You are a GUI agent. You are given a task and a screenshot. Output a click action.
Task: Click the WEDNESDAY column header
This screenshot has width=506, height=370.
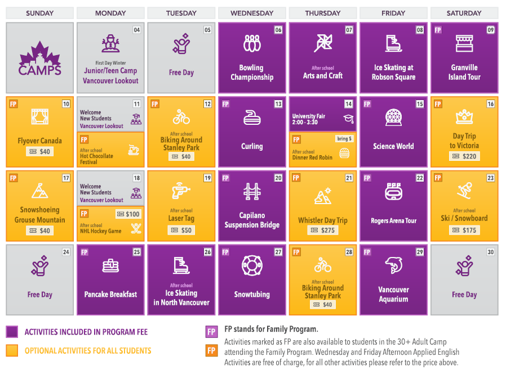252,13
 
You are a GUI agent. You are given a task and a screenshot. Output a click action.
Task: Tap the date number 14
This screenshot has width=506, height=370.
349,104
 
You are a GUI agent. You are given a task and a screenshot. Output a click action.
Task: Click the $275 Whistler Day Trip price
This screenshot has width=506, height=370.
322,231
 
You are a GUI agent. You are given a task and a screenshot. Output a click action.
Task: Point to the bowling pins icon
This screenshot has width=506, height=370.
252,43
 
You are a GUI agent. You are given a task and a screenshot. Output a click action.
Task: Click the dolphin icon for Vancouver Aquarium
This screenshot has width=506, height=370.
393,264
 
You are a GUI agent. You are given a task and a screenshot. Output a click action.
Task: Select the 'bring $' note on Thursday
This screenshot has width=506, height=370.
344,138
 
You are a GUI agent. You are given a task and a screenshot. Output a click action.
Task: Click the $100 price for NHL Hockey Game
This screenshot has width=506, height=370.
128,214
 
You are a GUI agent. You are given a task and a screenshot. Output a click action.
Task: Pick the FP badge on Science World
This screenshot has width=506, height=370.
367,104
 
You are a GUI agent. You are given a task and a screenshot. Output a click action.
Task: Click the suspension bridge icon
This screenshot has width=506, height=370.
252,191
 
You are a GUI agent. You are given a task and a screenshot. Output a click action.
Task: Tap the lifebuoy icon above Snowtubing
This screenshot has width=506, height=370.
252,265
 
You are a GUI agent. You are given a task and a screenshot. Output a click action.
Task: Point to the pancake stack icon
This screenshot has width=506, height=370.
110,265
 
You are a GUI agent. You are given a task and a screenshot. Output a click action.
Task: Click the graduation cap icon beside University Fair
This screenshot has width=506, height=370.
348,119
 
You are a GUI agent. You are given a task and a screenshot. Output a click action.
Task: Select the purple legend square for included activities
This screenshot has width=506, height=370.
12,332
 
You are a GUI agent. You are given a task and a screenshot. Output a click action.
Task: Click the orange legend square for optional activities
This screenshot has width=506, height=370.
12,350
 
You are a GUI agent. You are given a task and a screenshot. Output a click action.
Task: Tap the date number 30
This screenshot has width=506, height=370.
490,252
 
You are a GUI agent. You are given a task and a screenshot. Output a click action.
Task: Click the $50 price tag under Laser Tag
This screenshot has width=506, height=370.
181,230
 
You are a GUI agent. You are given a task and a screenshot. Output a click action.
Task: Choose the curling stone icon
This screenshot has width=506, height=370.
252,117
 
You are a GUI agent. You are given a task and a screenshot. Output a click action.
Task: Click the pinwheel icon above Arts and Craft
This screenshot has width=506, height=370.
323,43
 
